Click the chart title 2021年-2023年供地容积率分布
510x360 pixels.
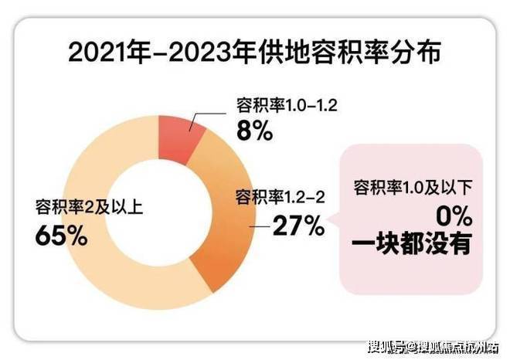(254, 55)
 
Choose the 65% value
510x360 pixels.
(61, 235)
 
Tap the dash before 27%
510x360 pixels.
(260, 226)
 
